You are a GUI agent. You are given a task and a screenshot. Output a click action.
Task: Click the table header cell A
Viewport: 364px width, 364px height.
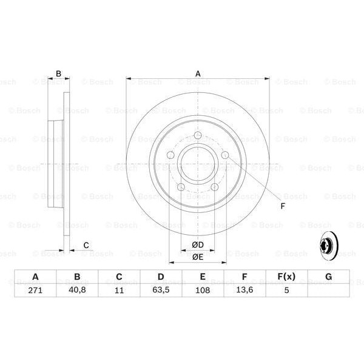pos(35,277)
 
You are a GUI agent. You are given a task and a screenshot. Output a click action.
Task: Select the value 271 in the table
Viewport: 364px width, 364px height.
pos(35,291)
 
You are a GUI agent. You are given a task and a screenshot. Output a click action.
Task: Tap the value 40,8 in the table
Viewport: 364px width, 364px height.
pos(77,291)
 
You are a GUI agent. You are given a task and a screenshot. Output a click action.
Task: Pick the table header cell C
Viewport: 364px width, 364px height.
pos(119,277)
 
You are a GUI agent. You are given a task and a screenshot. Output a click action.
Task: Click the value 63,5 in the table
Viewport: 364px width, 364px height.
pos(161,291)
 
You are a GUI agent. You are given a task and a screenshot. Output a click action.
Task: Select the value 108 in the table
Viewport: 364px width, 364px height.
pos(203,291)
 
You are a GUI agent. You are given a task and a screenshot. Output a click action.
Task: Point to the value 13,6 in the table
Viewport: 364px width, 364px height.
pos(244,291)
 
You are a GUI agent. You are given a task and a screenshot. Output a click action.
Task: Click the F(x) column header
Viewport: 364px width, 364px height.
pos(286,277)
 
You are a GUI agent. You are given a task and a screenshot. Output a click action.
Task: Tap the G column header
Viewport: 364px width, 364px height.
pos(328,277)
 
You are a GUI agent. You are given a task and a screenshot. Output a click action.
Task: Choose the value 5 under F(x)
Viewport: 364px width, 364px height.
pos(286,291)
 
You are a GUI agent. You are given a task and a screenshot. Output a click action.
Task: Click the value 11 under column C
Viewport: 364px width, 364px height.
pos(119,291)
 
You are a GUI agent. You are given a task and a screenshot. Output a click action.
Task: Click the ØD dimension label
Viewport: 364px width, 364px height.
pos(197,244)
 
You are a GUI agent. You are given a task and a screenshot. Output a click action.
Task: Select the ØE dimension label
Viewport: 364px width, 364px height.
pos(197,257)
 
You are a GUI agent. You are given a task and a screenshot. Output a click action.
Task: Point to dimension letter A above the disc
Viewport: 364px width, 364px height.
pos(198,74)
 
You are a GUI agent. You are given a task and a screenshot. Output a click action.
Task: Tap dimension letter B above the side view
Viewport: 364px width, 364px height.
pos(58,74)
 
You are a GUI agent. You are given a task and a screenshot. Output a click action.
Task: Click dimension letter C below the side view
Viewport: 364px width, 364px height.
pos(86,245)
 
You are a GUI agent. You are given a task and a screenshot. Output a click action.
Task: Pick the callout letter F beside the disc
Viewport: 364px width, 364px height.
pos(282,206)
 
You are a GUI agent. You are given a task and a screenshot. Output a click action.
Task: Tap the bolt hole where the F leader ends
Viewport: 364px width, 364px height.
pos(225,156)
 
